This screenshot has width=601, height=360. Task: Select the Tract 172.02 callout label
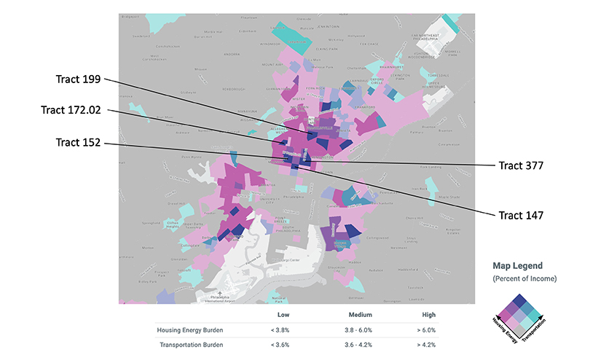click(x=71, y=110)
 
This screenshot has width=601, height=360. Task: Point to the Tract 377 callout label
click(x=521, y=165)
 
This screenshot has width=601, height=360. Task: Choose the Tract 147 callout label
click(x=521, y=215)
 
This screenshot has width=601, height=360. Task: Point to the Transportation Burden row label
click(x=192, y=345)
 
